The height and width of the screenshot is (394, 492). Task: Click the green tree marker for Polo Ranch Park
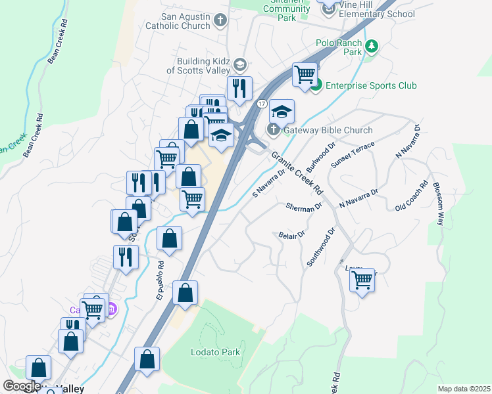pos(372,47)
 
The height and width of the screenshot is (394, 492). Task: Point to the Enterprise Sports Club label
pos(371,85)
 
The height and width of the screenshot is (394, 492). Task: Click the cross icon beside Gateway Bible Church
pos(274,129)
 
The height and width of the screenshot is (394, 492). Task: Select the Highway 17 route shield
pos(261,104)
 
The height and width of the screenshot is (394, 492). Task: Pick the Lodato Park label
pos(215,352)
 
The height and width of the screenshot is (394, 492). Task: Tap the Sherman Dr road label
pos(304,206)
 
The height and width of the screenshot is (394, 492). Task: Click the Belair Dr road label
pos(292,234)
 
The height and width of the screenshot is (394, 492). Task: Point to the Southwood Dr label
pos(320,248)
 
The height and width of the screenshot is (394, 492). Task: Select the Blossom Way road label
pos(437,204)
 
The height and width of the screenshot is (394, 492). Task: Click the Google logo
pos(22,387)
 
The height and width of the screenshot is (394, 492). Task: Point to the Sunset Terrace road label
pos(353,154)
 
